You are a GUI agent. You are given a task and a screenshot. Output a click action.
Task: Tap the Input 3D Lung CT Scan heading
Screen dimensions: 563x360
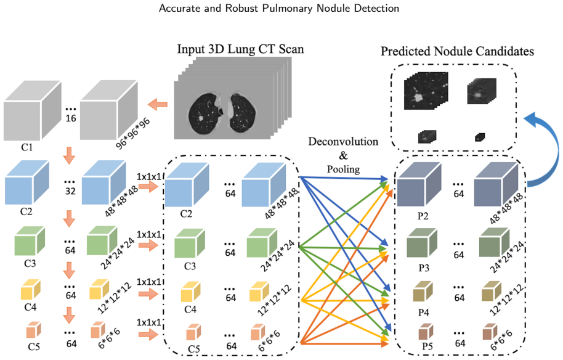[241, 49]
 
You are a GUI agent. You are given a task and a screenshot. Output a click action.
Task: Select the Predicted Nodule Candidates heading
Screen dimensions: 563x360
[457, 51]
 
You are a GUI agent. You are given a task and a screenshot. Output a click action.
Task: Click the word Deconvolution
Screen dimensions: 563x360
[343, 142]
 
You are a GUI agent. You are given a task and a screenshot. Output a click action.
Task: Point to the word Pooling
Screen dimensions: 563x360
[343, 170]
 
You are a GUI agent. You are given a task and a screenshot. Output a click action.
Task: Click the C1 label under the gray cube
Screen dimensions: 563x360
[27, 147]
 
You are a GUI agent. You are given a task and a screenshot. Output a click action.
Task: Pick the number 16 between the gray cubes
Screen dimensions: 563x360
[71, 118]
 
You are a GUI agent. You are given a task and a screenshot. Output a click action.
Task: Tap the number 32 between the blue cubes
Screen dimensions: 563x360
[70, 190]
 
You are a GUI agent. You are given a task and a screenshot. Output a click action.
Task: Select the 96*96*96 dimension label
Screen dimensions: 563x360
[133, 134]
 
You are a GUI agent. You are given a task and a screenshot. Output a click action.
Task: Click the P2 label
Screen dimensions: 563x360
[423, 216]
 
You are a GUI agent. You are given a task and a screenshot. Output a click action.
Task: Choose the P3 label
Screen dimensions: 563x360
[424, 268]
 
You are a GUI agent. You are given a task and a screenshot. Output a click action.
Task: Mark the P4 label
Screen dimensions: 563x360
[424, 313]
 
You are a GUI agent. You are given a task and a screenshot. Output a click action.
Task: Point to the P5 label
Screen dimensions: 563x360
[427, 346]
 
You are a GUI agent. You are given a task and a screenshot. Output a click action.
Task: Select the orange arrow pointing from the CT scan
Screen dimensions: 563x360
[158, 105]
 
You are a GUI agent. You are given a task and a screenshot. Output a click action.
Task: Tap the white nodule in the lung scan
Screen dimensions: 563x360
[201, 118]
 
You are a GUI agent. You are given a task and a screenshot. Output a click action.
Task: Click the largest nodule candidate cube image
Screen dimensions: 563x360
[426, 91]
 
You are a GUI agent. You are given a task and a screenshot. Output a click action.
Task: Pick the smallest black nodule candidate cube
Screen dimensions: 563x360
[480, 137]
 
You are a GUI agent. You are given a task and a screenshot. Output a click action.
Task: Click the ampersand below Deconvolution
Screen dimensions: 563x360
[344, 155]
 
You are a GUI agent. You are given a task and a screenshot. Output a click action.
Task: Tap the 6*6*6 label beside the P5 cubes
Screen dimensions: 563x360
[501, 340]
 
